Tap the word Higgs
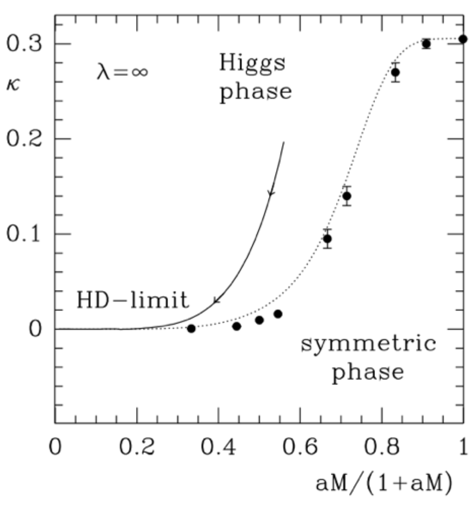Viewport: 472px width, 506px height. coord(252,64)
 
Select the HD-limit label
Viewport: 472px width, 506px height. coord(132,300)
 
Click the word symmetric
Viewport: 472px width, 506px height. coord(368,345)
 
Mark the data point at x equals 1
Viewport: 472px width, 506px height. coord(463,39)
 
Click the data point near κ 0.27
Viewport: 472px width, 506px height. coord(395,72)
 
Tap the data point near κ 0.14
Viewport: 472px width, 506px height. coord(347,196)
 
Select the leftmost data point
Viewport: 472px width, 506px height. coord(191,329)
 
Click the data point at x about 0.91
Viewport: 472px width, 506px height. coord(426,44)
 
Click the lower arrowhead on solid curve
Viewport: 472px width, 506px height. coord(217,301)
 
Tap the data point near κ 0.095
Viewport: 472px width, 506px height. coord(328,239)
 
